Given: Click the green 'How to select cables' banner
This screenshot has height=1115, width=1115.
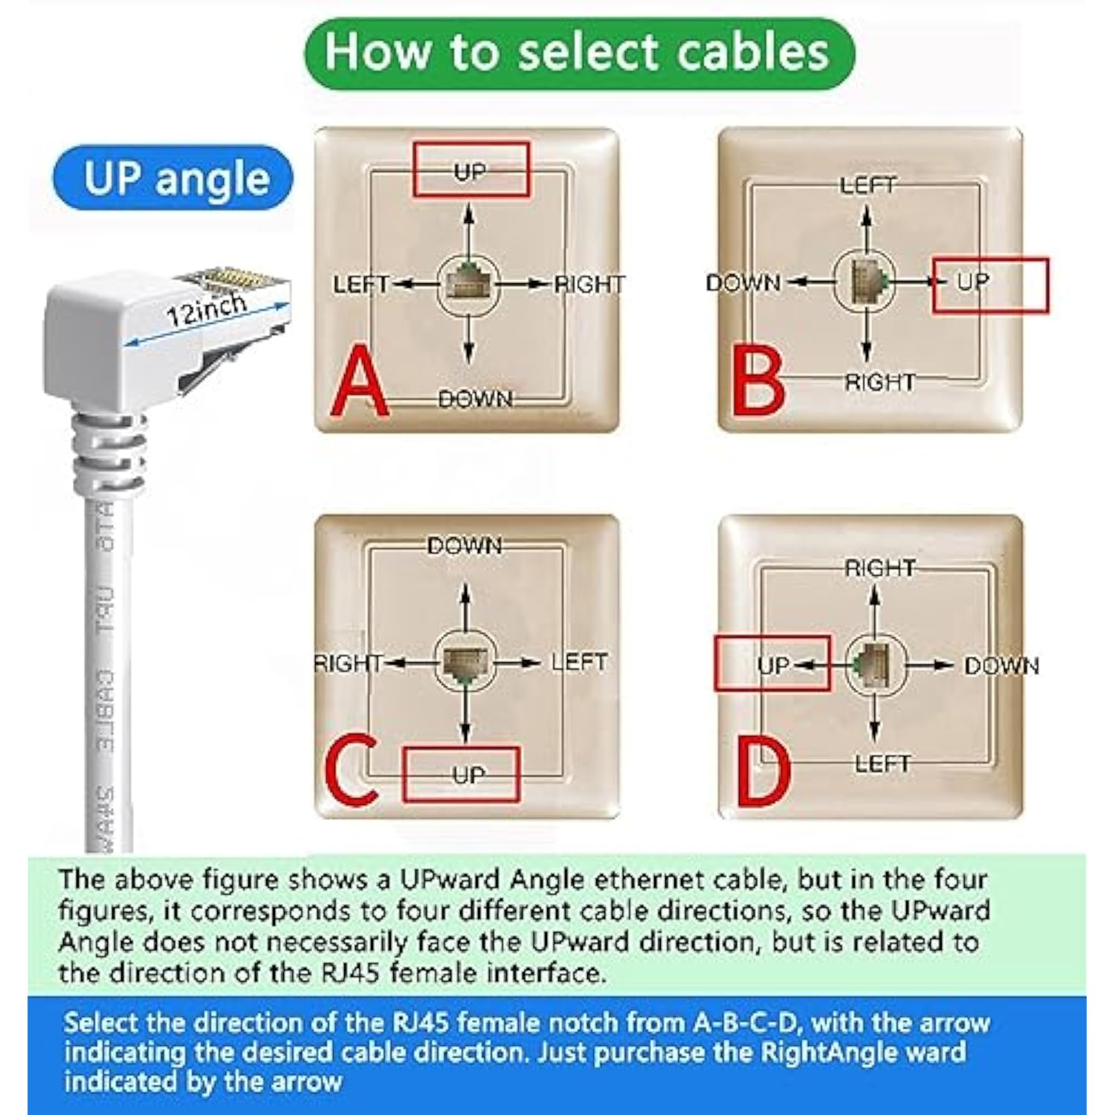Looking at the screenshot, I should coord(578,54).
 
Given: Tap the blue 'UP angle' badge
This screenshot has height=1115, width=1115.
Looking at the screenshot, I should coord(173,178).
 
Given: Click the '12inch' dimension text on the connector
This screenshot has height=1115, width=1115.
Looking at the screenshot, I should coord(206,309).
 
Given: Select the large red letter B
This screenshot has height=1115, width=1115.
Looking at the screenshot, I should coord(757,383).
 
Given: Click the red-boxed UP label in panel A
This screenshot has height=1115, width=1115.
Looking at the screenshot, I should coord(471,170).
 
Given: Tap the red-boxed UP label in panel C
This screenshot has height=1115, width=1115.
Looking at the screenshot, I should coord(467,775).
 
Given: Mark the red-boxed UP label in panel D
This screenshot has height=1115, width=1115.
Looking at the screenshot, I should coord(773,665).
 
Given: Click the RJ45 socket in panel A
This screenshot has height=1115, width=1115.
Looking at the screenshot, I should coord(468,283).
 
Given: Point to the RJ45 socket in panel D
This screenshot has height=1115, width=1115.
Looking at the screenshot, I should coord(874,664).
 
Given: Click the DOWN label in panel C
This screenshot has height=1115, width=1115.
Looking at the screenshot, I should coord(465,546).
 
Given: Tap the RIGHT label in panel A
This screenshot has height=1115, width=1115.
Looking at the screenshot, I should coord(589,284).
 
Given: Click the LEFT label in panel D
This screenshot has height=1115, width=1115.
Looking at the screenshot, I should coord(882,763).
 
